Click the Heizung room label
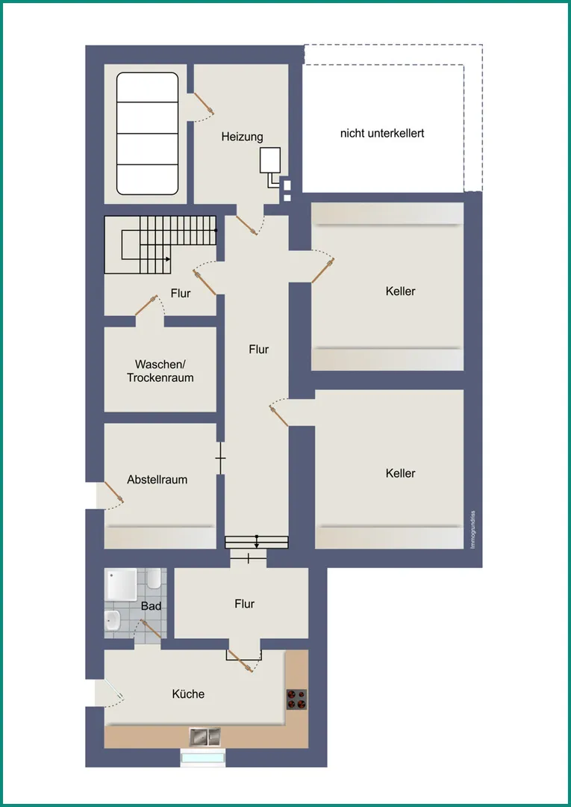point(242,137)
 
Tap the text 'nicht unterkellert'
point(382,133)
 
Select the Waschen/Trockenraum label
point(160,371)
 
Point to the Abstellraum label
point(157,480)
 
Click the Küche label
point(189,693)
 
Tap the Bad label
point(151,606)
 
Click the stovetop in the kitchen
point(296,699)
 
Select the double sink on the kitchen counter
point(205,737)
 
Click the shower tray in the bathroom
point(121,584)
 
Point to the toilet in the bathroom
point(153,579)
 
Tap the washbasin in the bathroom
point(112,620)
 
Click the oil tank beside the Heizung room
point(148,134)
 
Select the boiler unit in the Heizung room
point(269,160)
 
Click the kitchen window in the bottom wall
point(203,758)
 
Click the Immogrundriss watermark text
point(472,530)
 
